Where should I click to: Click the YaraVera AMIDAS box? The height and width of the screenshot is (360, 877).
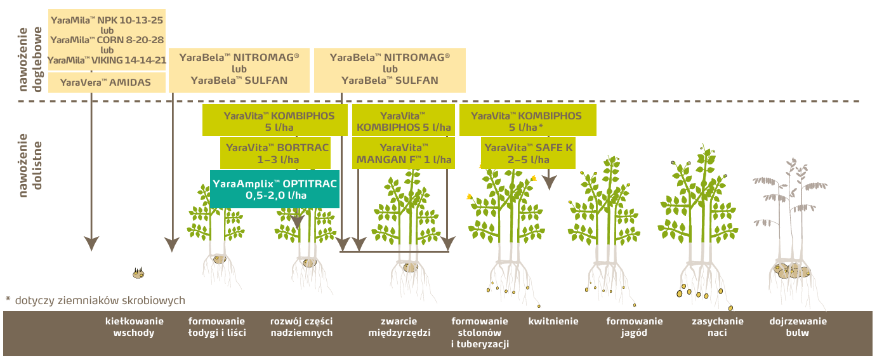tap(107, 83)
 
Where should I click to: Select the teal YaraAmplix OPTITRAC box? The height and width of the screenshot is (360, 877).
tap(275, 189)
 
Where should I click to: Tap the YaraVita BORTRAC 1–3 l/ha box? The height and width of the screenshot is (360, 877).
tap(275, 153)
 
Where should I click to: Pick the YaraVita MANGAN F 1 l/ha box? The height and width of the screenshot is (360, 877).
tap(404, 153)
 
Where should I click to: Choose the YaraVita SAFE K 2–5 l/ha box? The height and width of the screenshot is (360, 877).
tap(528, 153)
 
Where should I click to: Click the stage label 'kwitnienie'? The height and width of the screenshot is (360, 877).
tap(553, 321)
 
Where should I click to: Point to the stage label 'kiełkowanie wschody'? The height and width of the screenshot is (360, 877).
tap(135, 327)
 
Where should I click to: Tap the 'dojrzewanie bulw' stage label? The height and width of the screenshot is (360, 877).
tap(798, 327)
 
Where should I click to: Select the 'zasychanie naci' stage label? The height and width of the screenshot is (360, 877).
tap(718, 327)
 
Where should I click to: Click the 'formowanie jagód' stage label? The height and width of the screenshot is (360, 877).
tap(634, 327)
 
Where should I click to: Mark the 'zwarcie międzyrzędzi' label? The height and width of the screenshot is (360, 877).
tap(399, 327)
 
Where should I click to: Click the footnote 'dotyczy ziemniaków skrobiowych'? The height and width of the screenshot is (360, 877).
tap(100, 300)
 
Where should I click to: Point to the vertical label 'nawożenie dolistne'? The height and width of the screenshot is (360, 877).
tap(30, 165)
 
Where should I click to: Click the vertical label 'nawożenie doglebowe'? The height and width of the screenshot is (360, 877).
tap(30, 60)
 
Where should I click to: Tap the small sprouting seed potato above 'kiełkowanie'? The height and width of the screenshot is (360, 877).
tap(138, 273)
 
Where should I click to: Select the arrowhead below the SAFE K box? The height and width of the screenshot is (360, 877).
tap(550, 183)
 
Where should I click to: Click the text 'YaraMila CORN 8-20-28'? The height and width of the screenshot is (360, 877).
tap(107, 40)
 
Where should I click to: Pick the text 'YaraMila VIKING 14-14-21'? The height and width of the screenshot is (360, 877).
tap(107, 60)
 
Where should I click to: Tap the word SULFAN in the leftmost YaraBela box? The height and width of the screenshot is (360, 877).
tap(263, 81)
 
